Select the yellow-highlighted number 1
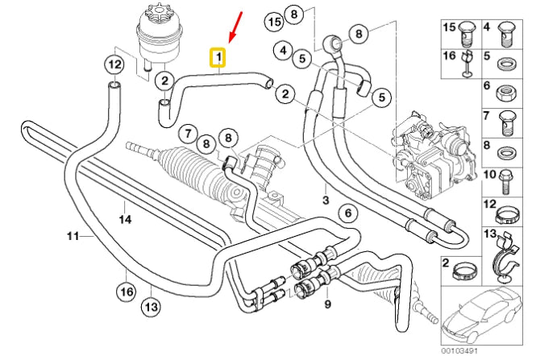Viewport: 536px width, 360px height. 218,58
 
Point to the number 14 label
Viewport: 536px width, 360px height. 125,218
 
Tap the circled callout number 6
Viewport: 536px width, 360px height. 347,213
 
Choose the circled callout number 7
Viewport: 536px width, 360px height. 187,133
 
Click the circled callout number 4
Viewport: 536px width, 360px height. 283,51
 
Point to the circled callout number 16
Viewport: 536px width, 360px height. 126,291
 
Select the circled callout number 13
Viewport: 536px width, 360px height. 150,306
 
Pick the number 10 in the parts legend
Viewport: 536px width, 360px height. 489,175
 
